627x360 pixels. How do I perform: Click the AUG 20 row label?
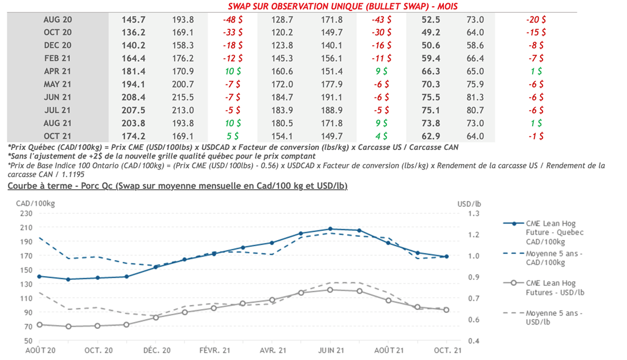[58, 20]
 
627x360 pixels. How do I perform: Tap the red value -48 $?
[232, 20]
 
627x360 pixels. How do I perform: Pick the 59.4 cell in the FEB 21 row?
[431, 58]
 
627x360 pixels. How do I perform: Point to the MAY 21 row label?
[58, 84]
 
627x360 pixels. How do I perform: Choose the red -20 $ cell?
[536, 20]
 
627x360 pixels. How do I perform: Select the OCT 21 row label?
[58, 136]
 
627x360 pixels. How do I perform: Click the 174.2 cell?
[135, 136]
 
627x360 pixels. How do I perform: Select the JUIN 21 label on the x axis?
[331, 351]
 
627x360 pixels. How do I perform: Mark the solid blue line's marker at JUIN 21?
[330, 229]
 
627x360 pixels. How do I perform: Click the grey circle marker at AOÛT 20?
[39, 324]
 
